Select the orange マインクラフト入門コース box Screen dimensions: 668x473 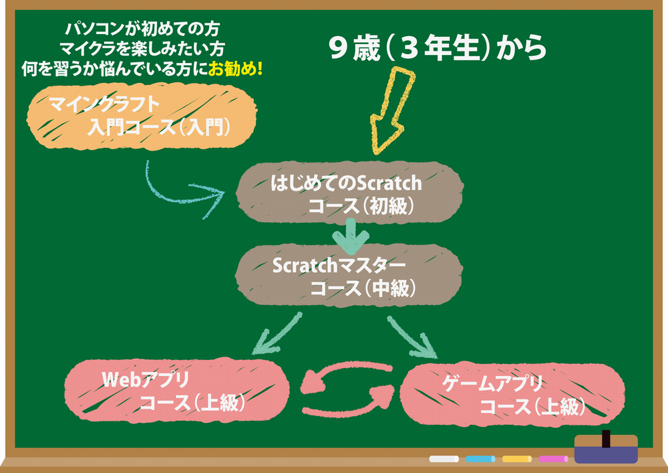[x=142, y=116]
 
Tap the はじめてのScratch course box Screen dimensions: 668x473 [x=349, y=193]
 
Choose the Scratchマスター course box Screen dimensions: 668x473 [x=349, y=275]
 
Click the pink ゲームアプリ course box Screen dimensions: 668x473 [x=512, y=395]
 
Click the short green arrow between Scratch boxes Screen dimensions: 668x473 [x=351, y=237]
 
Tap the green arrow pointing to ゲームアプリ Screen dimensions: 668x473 [x=410, y=337]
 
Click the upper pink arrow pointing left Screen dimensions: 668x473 [x=345, y=375]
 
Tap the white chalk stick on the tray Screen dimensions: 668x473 [x=444, y=459]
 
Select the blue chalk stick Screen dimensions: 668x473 [x=480, y=459]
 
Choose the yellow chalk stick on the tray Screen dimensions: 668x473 [x=517, y=459]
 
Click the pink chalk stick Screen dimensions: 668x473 [x=553, y=459]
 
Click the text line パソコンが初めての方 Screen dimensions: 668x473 [x=142, y=29]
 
